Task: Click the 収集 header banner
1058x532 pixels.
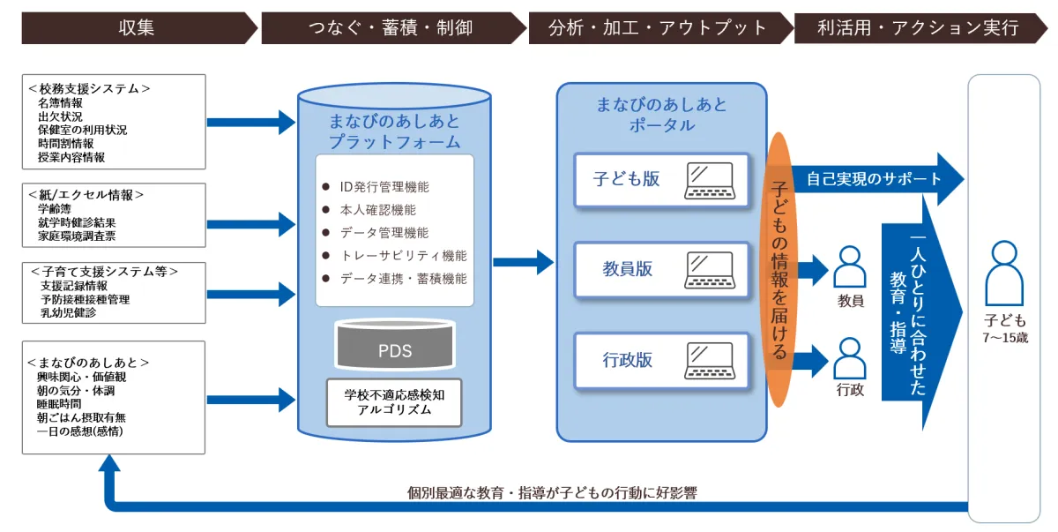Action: [x=137, y=28]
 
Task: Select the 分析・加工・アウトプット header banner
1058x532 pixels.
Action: [x=658, y=28]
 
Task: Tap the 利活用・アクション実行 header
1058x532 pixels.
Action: [x=918, y=28]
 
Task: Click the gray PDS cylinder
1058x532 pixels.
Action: [x=394, y=348]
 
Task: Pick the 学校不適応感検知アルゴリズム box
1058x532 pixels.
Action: [x=394, y=402]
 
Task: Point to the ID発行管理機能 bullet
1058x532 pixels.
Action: [x=384, y=187]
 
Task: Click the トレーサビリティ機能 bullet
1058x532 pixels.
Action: [x=403, y=256]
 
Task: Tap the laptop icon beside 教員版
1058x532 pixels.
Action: [x=712, y=270]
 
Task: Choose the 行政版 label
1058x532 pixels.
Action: [x=628, y=360]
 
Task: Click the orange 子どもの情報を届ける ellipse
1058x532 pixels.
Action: [x=779, y=269]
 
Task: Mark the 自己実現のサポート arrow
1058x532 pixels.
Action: [x=873, y=179]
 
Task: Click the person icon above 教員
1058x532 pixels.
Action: [x=850, y=266]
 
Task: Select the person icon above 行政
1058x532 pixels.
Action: [x=850, y=356]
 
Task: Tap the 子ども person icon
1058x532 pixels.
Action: [x=1005, y=273]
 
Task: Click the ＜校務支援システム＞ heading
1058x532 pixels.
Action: [x=89, y=88]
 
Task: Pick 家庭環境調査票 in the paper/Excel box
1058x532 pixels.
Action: [x=77, y=236]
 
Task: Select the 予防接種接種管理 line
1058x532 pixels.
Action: [x=85, y=299]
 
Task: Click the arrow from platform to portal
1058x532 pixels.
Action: [x=523, y=262]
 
